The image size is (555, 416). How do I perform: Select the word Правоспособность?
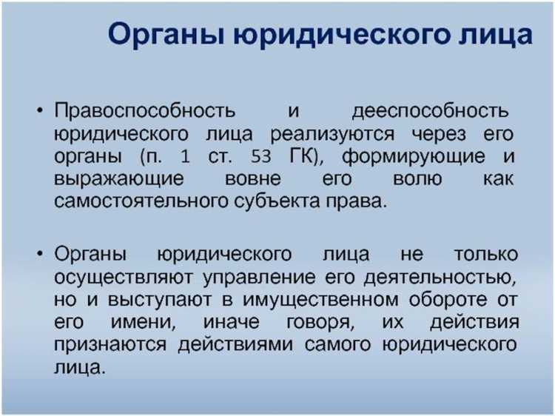pyautogui.click(x=145, y=112)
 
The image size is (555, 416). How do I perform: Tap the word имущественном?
pyautogui.click(x=300, y=300)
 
